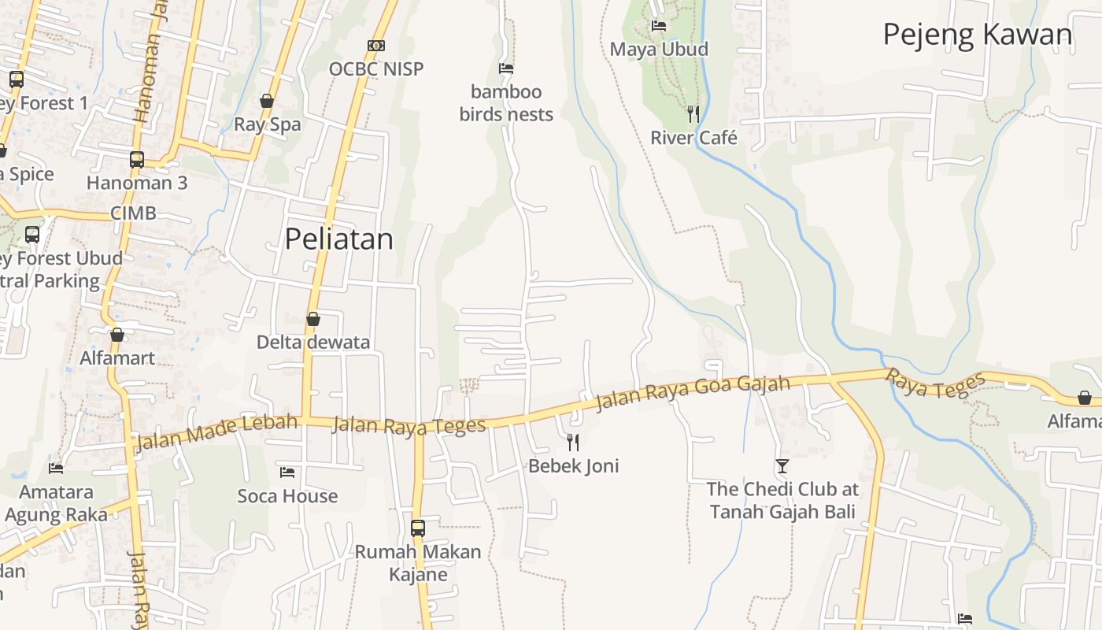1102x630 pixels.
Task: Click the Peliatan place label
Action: point(338,239)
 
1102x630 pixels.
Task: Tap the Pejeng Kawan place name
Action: point(978,35)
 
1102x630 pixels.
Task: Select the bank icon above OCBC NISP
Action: point(376,46)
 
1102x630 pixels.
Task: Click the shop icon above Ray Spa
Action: point(267,101)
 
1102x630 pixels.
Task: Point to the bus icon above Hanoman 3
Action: point(137,159)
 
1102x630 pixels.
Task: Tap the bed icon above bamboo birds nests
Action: point(506,69)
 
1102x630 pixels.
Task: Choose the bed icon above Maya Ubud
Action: point(659,26)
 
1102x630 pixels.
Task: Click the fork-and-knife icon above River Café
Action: point(693,114)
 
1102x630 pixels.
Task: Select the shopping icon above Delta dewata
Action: point(312,319)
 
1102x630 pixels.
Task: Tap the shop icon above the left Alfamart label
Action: point(117,335)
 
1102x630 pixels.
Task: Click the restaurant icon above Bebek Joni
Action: point(573,442)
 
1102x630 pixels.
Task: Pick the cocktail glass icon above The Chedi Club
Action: point(782,466)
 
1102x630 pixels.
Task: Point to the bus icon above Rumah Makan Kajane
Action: point(418,528)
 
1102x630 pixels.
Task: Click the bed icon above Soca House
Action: point(287,472)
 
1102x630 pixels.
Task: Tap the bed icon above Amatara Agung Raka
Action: point(56,468)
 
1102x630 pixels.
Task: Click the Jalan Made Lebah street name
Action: point(216,432)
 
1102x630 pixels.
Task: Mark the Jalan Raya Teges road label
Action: point(409,426)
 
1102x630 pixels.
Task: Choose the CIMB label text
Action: point(133,213)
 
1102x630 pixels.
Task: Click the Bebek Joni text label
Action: point(573,465)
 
